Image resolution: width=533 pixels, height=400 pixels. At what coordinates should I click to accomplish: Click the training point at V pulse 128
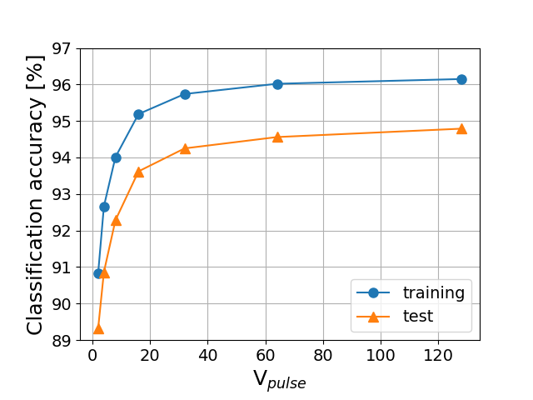coord(461,79)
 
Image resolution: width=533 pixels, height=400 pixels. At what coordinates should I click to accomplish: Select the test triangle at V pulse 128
coord(461,128)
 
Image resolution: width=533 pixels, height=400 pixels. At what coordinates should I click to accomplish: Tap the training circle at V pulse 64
coord(277,84)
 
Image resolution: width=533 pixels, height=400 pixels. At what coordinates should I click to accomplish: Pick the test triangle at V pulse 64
coord(277,137)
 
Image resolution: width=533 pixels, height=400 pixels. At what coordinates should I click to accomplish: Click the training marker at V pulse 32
coord(185,94)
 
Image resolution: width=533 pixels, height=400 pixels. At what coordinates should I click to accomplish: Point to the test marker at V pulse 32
coord(185,148)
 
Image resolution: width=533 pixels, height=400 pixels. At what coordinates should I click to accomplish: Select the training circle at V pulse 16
coord(138,114)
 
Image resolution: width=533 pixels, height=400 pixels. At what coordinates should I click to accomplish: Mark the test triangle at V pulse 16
coord(138,172)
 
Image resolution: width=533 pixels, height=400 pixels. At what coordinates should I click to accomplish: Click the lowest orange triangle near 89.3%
coord(98,328)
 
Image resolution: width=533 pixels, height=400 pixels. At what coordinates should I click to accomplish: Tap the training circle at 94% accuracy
coord(116,157)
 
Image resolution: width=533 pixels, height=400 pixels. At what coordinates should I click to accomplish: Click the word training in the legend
coord(433,292)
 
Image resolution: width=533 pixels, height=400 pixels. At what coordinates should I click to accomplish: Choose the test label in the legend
coord(418,316)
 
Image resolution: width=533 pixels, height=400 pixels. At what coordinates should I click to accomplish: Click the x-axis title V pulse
coord(280,380)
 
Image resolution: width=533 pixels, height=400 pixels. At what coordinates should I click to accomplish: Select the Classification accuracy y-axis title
coord(35,193)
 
